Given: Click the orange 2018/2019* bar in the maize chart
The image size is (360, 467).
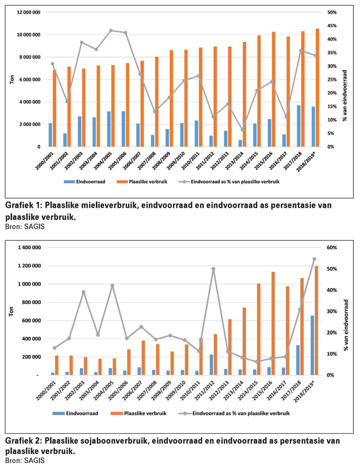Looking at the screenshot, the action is tap(317, 87).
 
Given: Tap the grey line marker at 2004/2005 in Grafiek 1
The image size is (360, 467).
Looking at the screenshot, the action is tap(111, 30).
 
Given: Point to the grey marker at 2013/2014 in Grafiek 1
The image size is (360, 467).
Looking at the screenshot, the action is tap(242, 129).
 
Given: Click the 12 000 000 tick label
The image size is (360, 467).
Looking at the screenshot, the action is tap(29, 12).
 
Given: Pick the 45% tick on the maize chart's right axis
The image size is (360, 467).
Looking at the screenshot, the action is tap(332, 26).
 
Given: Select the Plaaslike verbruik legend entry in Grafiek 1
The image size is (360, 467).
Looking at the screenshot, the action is tap(144, 182).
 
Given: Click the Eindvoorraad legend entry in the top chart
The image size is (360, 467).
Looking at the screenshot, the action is tap(85, 182).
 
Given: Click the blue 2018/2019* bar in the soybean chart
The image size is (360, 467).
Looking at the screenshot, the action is tap(312, 345).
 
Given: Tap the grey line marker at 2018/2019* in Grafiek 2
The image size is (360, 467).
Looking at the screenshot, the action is tap(314, 259).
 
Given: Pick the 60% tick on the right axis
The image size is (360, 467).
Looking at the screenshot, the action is tap(332, 248).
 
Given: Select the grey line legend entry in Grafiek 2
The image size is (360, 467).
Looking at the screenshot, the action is tap(234, 414).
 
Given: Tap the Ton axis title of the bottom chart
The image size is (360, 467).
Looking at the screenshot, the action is tap(12, 311).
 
